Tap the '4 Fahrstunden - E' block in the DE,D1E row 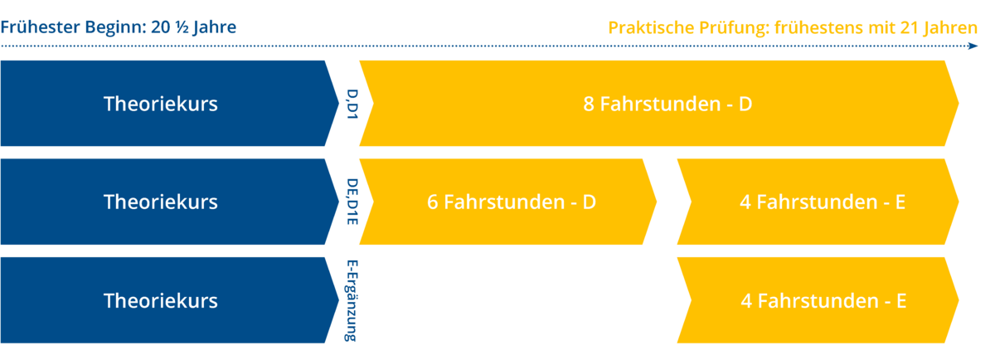click(818, 202)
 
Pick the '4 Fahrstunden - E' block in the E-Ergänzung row click(818, 300)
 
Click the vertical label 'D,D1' click(352, 104)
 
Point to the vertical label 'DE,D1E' click(352, 202)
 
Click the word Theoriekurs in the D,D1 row click(161, 104)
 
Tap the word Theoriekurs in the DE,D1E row click(161, 202)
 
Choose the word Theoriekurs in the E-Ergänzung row click(161, 300)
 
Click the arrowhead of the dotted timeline click(973, 46)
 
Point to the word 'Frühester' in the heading click(40, 27)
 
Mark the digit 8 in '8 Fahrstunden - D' click(589, 104)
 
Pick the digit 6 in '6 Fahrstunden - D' click(433, 202)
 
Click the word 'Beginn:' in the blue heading click(115, 27)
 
